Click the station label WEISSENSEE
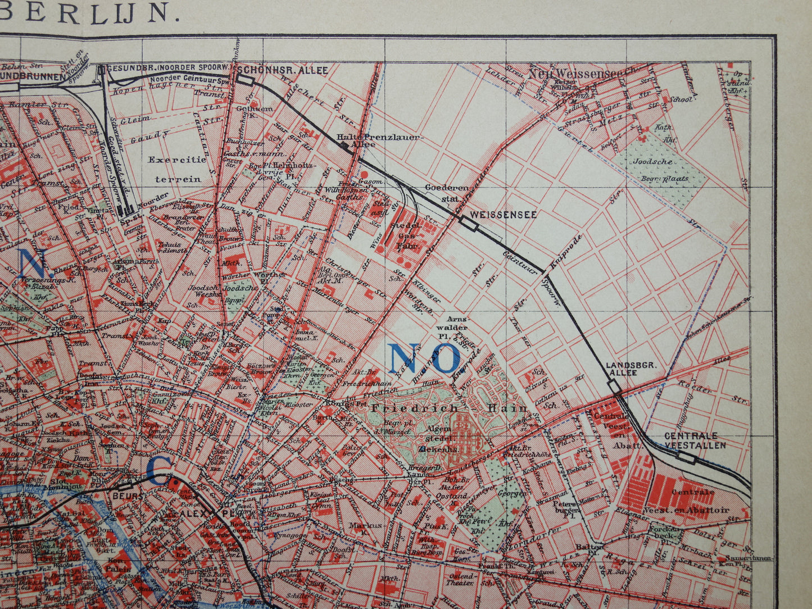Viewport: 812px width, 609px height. (x=503, y=215)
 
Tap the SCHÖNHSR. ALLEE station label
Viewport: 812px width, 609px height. (x=283, y=70)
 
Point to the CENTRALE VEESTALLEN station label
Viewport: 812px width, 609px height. (x=695, y=440)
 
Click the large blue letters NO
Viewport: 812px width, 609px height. (x=424, y=358)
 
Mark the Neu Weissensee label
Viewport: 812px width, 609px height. (x=582, y=71)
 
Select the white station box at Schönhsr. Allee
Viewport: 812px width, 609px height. (x=245, y=80)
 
